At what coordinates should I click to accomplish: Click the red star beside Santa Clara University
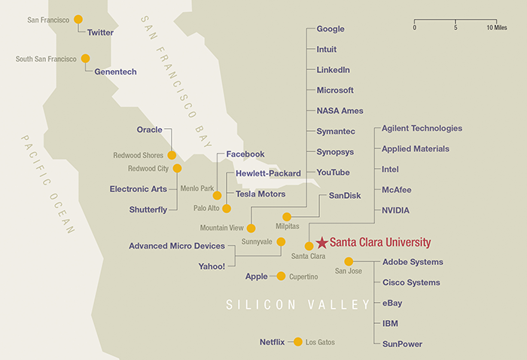point(322,243)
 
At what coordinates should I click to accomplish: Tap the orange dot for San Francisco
point(78,20)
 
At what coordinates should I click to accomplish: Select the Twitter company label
point(100,32)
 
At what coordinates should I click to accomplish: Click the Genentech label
point(115,72)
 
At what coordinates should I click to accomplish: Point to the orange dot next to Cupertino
point(281,276)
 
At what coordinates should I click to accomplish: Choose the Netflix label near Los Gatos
point(272,342)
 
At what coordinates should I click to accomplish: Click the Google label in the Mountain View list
point(331,29)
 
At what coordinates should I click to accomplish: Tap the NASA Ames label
point(340,111)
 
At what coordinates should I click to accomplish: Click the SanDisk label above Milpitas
point(345,195)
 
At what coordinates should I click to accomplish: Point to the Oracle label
point(150,130)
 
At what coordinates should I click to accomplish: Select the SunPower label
point(402,343)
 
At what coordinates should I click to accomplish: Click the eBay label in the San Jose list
point(392,303)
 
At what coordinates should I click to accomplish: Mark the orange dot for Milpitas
point(286,217)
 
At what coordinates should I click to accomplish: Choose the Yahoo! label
point(212,266)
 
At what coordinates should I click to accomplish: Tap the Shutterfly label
point(148,209)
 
